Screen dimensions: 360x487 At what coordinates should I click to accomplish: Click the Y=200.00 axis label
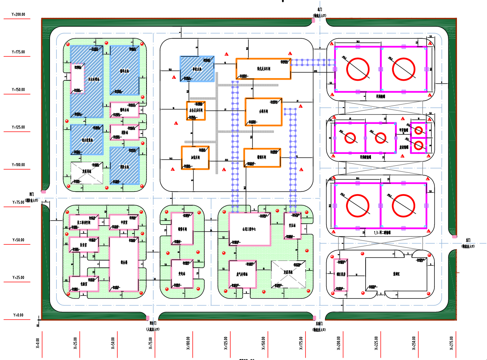coord(18,15)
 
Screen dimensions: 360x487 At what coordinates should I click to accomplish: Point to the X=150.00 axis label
coord(263,343)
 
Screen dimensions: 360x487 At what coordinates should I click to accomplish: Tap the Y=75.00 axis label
coord(18,202)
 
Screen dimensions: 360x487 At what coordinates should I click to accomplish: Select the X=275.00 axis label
coord(452,343)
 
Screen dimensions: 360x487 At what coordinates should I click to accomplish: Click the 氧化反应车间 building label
coord(264,69)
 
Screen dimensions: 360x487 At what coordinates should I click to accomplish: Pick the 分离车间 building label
coord(263,111)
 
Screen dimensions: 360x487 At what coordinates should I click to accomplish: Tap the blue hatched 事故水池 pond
coord(197,69)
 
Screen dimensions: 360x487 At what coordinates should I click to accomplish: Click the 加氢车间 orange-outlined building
coord(195,158)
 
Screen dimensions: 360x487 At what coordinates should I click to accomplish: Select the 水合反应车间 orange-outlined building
coord(196,111)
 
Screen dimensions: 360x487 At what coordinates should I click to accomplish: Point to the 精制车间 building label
coord(262,157)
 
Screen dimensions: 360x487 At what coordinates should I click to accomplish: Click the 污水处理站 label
coord(94,79)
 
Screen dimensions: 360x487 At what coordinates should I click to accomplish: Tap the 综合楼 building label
coord(124,262)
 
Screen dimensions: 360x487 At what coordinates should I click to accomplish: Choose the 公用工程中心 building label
coord(249,229)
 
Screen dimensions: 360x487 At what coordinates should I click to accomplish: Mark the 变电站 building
coord(182,274)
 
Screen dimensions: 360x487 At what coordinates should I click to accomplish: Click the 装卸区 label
coord(396,274)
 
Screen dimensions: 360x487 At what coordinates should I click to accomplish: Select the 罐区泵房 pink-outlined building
coord(341,275)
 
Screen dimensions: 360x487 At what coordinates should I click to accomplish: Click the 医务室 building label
coord(83,245)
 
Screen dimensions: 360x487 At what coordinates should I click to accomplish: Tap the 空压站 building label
coord(292,226)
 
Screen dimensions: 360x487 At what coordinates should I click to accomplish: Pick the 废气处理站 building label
coord(242,274)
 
